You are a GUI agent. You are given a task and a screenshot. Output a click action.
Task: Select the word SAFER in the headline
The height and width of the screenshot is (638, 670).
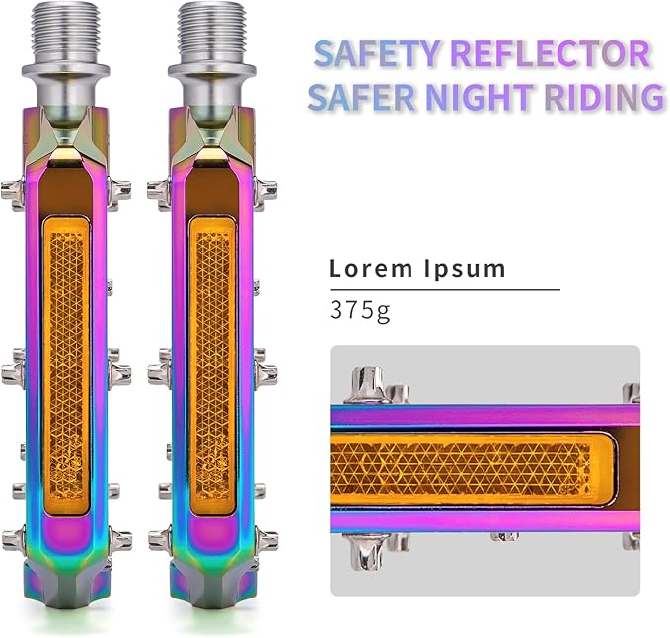[x=361, y=97]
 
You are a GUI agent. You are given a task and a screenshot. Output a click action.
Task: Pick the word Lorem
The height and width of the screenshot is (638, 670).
[x=371, y=269]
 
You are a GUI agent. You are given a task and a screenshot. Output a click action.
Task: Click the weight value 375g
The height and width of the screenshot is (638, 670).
[x=360, y=309]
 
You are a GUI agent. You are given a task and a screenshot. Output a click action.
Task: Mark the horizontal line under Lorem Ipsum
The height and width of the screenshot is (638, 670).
[x=445, y=290]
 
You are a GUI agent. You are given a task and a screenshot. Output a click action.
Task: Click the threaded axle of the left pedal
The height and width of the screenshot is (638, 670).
[x=65, y=33]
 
